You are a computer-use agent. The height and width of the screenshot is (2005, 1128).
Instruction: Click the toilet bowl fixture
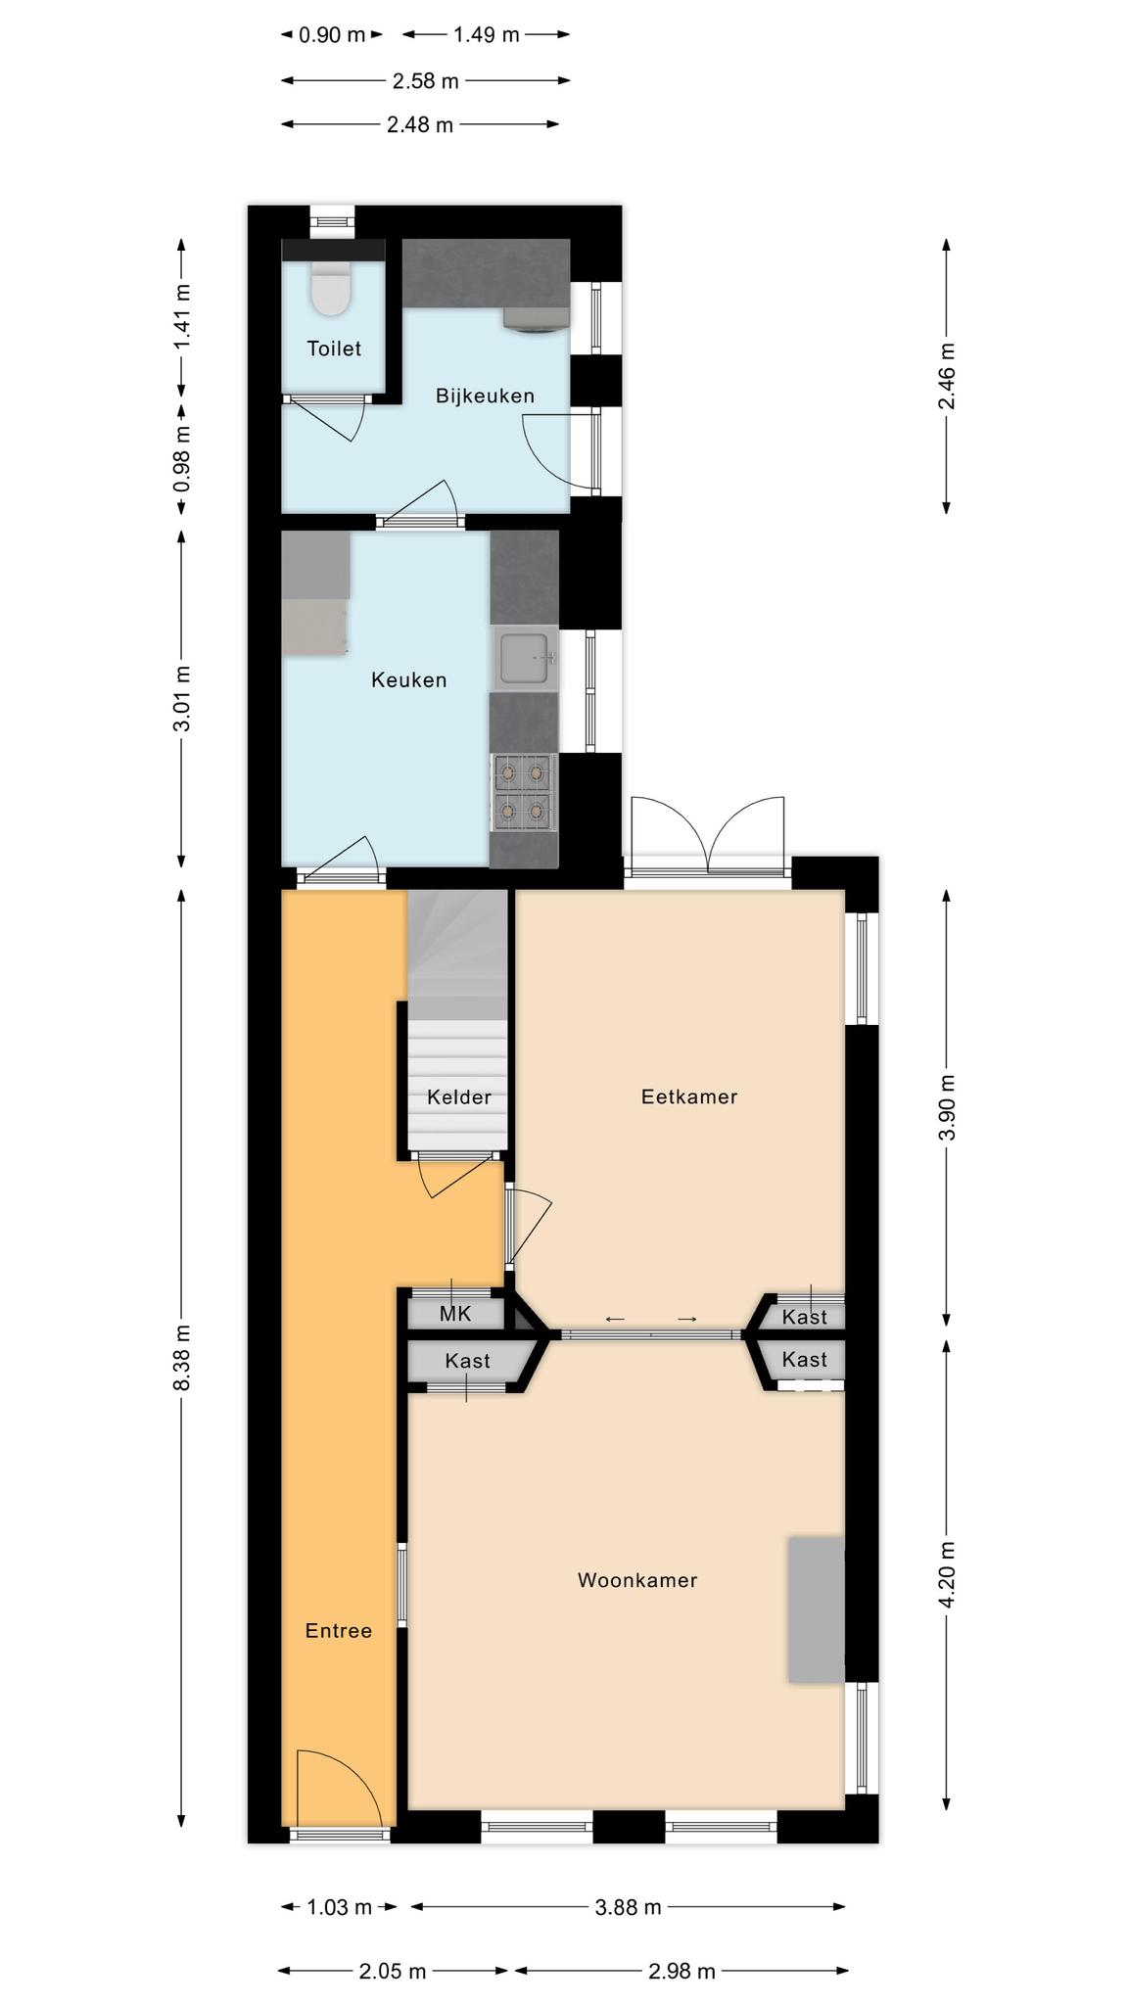330,290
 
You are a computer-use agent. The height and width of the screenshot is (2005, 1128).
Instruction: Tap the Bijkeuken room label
486,396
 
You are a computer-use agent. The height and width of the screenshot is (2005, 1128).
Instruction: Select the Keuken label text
408,679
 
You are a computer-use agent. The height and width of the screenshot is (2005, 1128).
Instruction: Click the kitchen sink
526,658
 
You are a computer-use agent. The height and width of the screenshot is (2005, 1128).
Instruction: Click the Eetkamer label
689,1096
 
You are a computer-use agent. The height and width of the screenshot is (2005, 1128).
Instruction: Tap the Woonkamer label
637,1580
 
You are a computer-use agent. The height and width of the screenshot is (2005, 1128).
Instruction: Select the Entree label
339,1631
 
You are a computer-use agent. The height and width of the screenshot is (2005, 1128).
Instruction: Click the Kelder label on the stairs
459,1097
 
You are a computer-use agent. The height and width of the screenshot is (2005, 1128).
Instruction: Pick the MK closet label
455,1314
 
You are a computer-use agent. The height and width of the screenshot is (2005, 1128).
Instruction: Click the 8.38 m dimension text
182,1362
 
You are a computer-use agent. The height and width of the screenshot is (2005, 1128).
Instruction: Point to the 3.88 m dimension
628,1907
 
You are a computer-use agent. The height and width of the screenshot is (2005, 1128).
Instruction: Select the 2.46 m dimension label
946,377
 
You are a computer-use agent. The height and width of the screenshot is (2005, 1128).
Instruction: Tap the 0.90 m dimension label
332,35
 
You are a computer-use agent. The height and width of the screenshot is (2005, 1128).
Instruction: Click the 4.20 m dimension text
946,1574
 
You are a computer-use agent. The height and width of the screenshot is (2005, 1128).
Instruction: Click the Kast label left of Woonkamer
467,1361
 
